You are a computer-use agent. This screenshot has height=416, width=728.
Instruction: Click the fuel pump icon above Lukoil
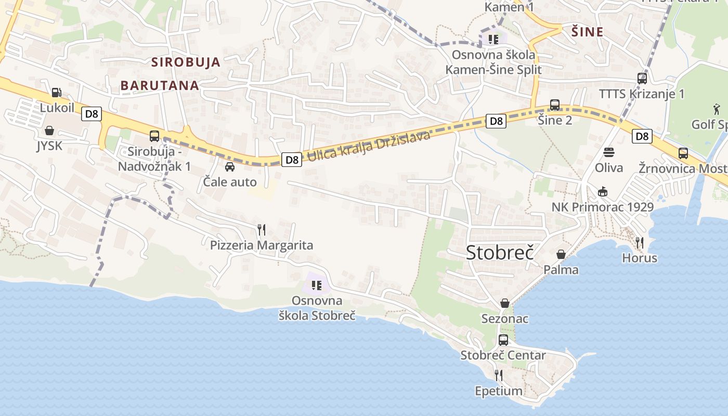coord(56,93)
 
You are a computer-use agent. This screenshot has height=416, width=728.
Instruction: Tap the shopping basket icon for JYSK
coord(49,130)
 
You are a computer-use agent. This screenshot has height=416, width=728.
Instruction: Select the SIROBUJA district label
coord(186,62)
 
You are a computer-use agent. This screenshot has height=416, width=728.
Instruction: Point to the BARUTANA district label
coord(160,86)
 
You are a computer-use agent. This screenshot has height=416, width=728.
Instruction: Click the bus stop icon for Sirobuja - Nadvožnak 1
coord(154,136)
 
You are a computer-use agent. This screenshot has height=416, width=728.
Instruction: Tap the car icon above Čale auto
coord(229,166)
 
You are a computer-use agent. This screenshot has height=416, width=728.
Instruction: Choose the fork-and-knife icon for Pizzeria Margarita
coord(262,229)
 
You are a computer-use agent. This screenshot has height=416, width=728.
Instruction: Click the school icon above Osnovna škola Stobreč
coord(317,285)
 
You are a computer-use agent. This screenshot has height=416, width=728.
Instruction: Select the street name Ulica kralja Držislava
coord(369,146)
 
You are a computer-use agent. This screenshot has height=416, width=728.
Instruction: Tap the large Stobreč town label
coord(500,252)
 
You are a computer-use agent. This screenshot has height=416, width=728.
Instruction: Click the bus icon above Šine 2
coord(555,105)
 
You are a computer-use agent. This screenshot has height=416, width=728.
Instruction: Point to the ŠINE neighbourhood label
coord(588,32)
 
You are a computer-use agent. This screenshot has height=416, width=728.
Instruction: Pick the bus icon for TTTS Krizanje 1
coord(642,79)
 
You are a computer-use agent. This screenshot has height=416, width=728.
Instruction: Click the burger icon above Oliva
coord(609,152)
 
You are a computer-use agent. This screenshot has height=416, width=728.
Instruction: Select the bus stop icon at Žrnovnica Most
coord(683,153)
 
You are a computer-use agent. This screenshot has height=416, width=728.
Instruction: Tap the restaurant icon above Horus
coord(640,242)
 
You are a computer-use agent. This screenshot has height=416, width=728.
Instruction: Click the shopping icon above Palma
coord(561,254)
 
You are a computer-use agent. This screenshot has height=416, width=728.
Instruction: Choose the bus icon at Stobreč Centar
coord(503,340)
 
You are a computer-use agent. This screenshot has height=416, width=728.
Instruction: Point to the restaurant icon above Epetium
coord(498,375)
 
